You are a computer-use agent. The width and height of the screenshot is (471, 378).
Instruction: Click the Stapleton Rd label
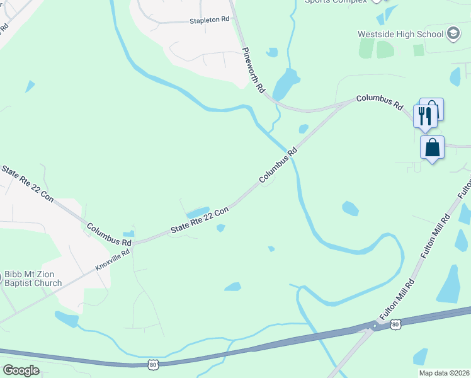pyautogui.click(x=210, y=20)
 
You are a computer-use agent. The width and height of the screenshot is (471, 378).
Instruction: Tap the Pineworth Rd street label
pyautogui.click(x=253, y=71)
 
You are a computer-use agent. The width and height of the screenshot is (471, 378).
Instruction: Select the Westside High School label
pyautogui.click(x=400, y=33)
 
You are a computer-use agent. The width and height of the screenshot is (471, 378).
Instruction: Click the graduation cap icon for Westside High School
pyautogui.click(x=453, y=33)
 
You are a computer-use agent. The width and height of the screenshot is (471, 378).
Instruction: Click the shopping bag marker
pyautogui.click(x=432, y=149)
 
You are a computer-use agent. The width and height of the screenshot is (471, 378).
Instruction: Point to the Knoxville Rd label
pyautogui.click(x=113, y=260)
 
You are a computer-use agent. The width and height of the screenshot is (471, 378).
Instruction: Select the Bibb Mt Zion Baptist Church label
pyautogui.click(x=33, y=279)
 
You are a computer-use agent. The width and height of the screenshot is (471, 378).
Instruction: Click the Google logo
pyautogui.click(x=21, y=370)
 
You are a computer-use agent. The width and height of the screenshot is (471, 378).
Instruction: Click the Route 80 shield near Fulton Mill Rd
pyautogui.click(x=395, y=324)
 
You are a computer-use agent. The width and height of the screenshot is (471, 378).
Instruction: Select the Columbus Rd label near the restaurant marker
pyautogui.click(x=379, y=103)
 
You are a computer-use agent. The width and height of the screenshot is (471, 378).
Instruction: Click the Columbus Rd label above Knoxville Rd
pyautogui.click(x=109, y=234)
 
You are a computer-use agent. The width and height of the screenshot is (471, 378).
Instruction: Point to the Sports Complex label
pyautogui.click(x=335, y=2)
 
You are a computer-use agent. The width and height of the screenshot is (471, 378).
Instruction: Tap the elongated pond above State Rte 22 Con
pyautogui.click(x=198, y=212)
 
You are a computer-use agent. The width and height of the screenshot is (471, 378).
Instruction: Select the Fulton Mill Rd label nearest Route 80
pyautogui.click(x=397, y=300)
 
